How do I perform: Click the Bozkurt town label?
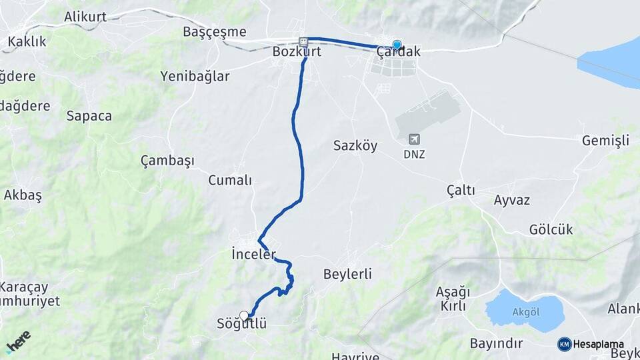pyautogui.click(x=297, y=51)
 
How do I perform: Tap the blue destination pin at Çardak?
pyautogui.click(x=397, y=45)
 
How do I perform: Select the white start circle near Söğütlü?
pyautogui.click(x=244, y=315)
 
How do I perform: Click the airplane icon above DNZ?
pyautogui.click(x=414, y=139)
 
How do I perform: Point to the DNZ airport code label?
pyautogui.click(x=414, y=154)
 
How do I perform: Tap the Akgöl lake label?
pyautogui.click(x=525, y=311)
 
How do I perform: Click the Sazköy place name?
pyautogui.click(x=355, y=145)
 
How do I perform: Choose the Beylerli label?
pyautogui.click(x=347, y=274)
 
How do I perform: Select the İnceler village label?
pyautogui.click(x=253, y=254)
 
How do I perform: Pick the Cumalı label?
pyautogui.click(x=230, y=180)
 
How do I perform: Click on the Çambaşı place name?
pyautogui.click(x=167, y=161)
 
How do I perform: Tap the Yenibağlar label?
pyautogui.click(x=195, y=76)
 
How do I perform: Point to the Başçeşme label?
pyautogui.click(x=214, y=32)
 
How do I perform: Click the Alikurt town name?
pyautogui.click(x=86, y=17)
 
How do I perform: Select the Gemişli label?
pyautogui.click(x=605, y=141)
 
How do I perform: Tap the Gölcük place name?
pyautogui.click(x=551, y=230)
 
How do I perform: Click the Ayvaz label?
pyautogui.click(x=511, y=200)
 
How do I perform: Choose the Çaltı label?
pyautogui.click(x=461, y=191)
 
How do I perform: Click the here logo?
pyautogui.click(x=18, y=341)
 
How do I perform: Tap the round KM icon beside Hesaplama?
pyautogui.click(x=564, y=344)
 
